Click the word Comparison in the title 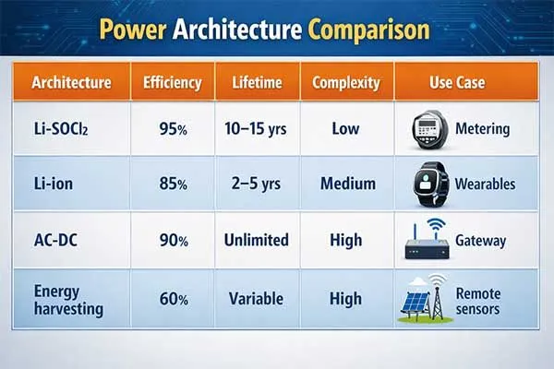pyautogui.click(x=369, y=30)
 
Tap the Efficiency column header pyautogui.click(x=172, y=82)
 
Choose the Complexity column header pyautogui.click(x=345, y=82)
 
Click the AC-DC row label pyautogui.click(x=55, y=240)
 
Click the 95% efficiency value pyautogui.click(x=173, y=128)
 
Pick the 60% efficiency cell pyautogui.click(x=173, y=299)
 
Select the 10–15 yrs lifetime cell pyautogui.click(x=257, y=128)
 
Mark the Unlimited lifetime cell pyautogui.click(x=257, y=240)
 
